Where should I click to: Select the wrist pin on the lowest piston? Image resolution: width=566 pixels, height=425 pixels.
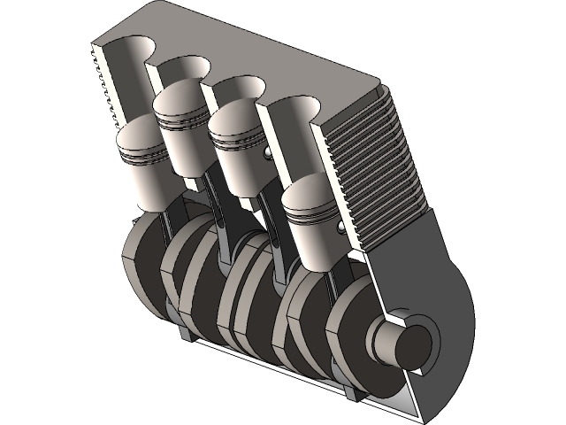tap(342, 229)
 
